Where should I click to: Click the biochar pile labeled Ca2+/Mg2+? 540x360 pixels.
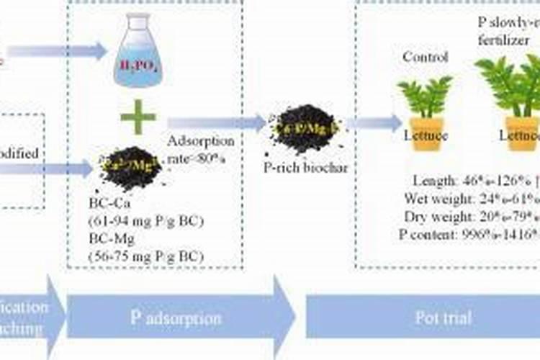pyautogui.click(x=130, y=166)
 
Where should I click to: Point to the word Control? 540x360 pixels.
pyautogui.click(x=425, y=57)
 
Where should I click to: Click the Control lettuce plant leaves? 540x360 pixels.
pyautogui.click(x=425, y=95)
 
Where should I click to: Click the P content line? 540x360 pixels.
pyautogui.click(x=468, y=234)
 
